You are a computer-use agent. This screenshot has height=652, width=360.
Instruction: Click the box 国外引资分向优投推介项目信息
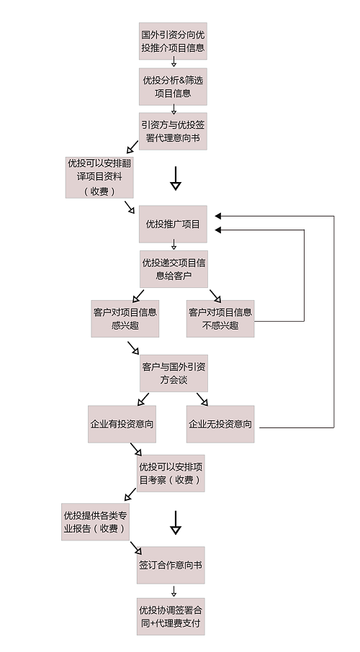tap(173, 41)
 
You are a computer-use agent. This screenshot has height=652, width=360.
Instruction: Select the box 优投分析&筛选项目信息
tap(173, 86)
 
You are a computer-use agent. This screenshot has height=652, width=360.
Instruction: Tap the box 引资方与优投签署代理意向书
tap(173, 131)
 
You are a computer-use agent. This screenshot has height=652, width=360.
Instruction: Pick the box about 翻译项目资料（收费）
tap(99, 177)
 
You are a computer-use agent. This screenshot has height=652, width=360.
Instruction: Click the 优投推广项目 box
tap(173, 224)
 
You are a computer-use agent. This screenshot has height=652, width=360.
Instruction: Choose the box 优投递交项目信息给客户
tap(174, 268)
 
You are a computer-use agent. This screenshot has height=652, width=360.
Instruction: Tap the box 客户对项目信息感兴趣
tap(125, 319)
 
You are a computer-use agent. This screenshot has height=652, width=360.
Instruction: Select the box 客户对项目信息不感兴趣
tap(220, 319)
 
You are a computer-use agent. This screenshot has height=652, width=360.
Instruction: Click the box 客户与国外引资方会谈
tap(174, 373)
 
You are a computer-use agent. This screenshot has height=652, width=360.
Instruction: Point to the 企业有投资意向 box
tap(122, 424)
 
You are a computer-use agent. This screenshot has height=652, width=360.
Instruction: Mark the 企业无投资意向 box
tap(220, 424)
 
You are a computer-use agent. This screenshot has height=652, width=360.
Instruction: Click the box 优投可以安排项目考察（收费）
tap(171, 474)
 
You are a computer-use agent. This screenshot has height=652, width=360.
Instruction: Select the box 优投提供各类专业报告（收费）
tap(95, 522)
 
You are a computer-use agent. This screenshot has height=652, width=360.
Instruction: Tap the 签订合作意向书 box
tap(171, 565)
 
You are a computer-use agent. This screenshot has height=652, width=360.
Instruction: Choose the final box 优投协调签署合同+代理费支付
tap(171, 617)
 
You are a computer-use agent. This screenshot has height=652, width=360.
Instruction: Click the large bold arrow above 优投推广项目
tap(176, 178)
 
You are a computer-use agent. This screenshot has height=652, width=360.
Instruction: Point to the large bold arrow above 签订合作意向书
tap(176, 522)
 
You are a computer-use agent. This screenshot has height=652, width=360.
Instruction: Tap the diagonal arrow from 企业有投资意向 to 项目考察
tap(136, 450)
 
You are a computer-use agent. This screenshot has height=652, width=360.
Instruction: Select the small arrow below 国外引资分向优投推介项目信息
tap(174, 62)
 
